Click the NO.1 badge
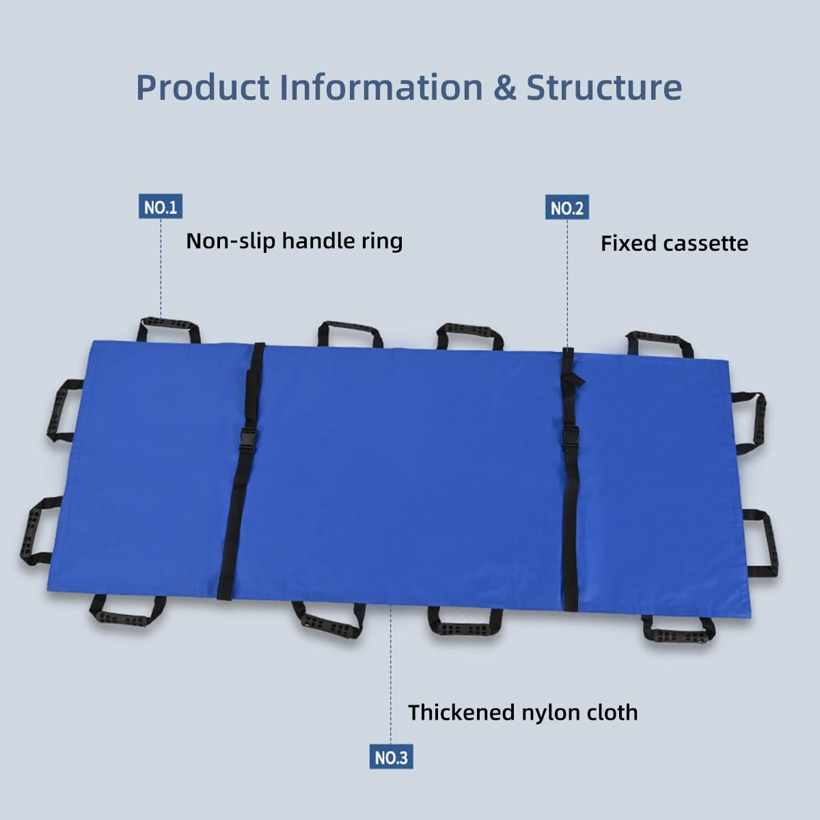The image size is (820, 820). click(x=161, y=206)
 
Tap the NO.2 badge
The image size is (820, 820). click(x=567, y=207)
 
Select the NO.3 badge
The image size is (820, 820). click(x=391, y=756)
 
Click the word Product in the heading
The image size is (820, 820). click(x=202, y=87)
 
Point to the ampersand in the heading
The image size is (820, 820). click(x=505, y=87)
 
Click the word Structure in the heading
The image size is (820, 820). click(x=604, y=87)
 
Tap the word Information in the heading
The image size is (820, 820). click(x=381, y=87)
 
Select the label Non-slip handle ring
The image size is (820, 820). click(x=294, y=241)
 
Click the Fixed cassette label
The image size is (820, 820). click(x=674, y=243)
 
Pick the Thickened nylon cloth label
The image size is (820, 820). click(x=523, y=712)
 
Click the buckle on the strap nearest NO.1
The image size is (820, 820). click(x=245, y=441)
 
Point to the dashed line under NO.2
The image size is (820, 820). click(x=567, y=284)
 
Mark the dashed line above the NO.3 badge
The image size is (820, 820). click(x=391, y=674)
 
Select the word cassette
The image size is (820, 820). click(x=705, y=244)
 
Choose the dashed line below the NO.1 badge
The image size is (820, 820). click(x=161, y=269)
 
